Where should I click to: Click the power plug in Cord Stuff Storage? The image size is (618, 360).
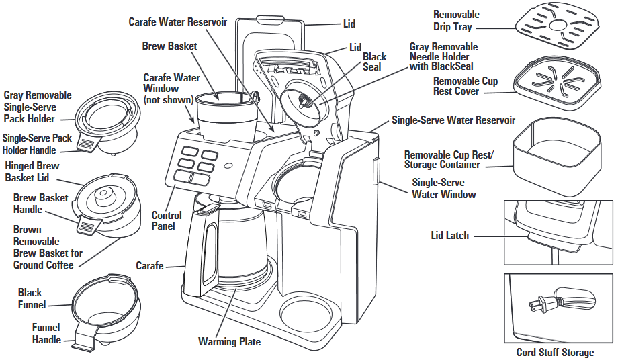point(541,303)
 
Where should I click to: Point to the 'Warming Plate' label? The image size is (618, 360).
point(229,342)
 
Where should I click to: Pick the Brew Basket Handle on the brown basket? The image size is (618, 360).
point(85,226)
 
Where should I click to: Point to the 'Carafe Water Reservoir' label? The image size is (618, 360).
point(178,22)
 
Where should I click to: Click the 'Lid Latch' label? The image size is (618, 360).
point(450,236)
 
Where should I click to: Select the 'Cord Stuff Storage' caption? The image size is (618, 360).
point(555,353)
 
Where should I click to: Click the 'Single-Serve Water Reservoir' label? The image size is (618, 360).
point(453,120)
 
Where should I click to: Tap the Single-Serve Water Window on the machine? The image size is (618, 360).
point(377,171)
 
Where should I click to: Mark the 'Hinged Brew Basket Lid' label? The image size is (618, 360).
point(32,171)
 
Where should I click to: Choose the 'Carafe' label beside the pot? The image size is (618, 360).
point(150,266)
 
